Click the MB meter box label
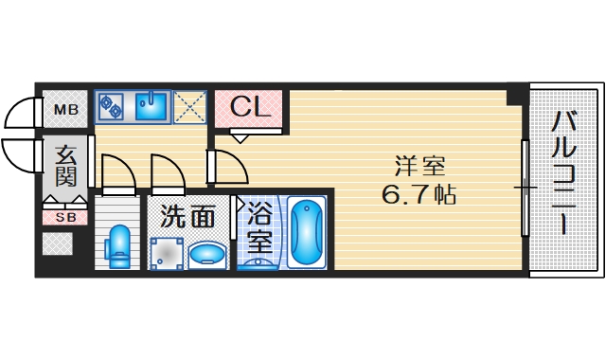pos(64,111)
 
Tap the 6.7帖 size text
pos(419,196)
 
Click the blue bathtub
pos(306,234)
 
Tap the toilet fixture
pos(118,246)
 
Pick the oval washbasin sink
pos(208,254)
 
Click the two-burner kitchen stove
pos(111,105)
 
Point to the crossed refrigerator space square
pos(189,105)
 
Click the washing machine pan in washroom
pos(168,254)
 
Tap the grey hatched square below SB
pos(58,244)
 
